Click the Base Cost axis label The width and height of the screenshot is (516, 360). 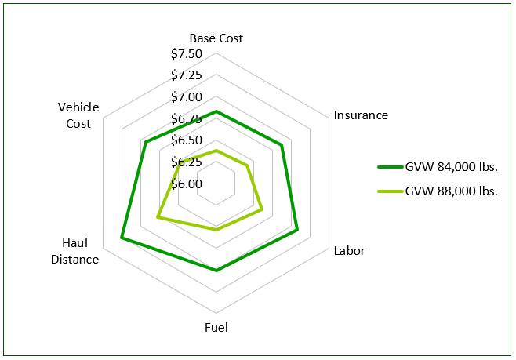pos(216,38)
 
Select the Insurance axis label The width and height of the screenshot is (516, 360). pos(361,115)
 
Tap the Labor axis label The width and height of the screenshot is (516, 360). pos(349,251)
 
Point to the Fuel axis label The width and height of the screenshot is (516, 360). pos(216,328)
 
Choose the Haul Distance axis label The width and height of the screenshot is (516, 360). pos(75,251)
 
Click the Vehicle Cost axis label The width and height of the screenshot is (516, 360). pos(78,115)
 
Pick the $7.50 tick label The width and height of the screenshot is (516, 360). pos(187,54)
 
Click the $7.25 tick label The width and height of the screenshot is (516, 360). pos(187,75)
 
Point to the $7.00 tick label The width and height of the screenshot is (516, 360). pos(187,97)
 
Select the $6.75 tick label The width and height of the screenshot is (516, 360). pos(187,119)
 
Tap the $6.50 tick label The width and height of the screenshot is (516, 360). pos(187,140)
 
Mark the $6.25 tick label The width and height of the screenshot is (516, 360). pos(187,162)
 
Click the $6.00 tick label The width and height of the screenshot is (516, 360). pos(187,184)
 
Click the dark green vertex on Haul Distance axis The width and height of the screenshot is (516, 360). pos(122,237)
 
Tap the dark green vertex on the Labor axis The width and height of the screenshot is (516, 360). pos(298,231)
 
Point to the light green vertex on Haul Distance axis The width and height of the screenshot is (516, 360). pos(158,217)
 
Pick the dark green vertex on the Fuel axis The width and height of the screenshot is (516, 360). pos(216,270)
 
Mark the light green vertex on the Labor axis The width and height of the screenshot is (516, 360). pos(262,209)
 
